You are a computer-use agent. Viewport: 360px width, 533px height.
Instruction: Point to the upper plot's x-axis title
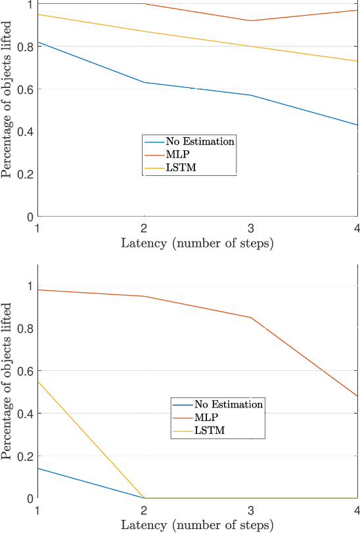point(197,244)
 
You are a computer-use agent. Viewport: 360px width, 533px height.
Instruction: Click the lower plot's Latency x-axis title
point(197,525)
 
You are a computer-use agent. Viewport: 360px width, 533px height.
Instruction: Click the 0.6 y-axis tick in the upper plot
point(26,89)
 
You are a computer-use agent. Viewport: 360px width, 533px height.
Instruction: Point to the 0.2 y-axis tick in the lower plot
point(26,456)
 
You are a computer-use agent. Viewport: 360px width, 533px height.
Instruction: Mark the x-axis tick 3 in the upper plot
point(250,227)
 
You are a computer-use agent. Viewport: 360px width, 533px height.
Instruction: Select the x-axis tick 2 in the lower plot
point(144,509)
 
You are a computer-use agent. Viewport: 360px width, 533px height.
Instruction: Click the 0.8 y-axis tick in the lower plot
point(26,328)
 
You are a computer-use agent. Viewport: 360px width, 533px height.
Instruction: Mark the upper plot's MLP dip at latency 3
point(250,20)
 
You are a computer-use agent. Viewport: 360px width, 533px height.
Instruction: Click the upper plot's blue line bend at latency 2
point(144,82)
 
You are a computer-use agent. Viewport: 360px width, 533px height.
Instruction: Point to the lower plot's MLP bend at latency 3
point(250,318)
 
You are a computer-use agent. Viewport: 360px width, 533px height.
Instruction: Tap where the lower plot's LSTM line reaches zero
point(144,498)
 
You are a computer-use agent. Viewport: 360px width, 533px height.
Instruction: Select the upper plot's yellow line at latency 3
point(250,46)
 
